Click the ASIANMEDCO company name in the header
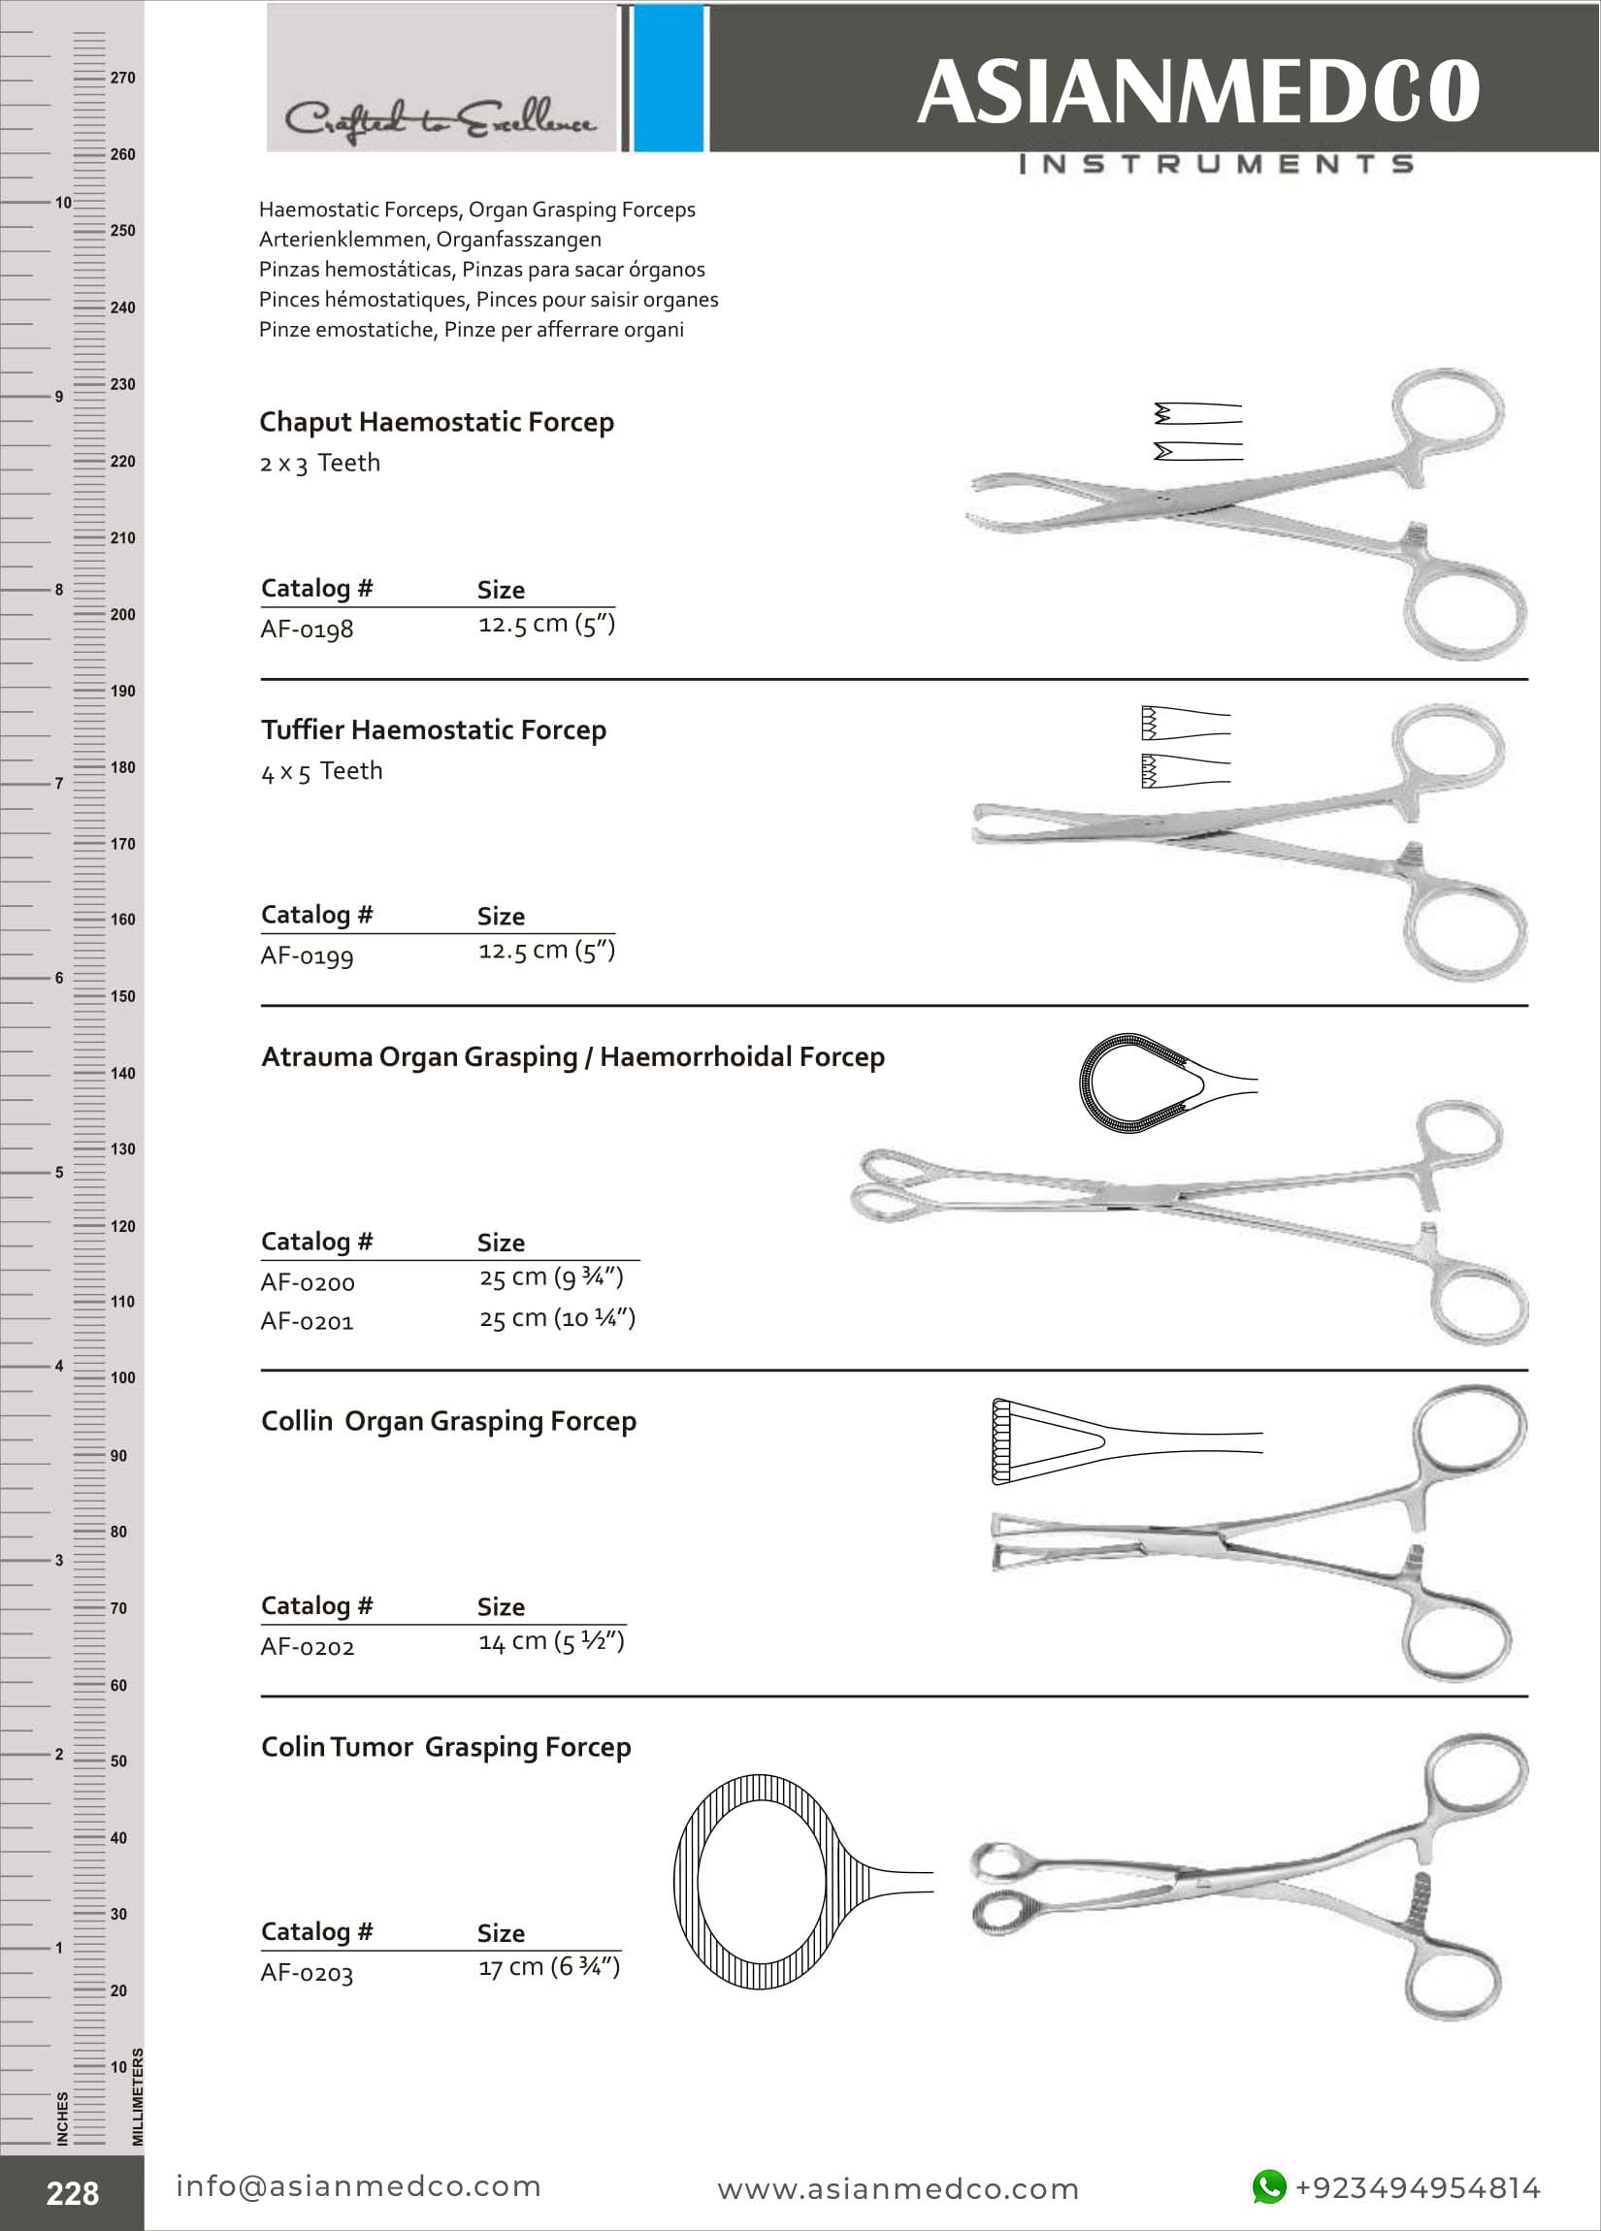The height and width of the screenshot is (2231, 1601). click(1197, 90)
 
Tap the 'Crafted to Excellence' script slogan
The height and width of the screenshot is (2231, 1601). click(439, 121)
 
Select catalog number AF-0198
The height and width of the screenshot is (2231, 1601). click(306, 629)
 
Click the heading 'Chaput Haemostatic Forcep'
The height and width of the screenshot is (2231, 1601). click(436, 422)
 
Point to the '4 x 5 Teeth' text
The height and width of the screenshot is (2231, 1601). click(322, 771)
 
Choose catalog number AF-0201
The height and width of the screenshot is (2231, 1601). click(306, 1321)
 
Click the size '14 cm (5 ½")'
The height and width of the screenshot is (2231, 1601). click(550, 1641)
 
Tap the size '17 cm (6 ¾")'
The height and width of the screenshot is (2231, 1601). click(548, 1966)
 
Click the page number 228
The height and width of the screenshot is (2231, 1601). click(72, 2192)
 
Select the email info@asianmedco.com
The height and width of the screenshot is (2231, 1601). click(358, 2185)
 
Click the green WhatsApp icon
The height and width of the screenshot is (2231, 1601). click(1268, 2186)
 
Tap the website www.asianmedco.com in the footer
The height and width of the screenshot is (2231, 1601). click(898, 2188)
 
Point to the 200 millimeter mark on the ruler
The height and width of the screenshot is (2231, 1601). click(122, 615)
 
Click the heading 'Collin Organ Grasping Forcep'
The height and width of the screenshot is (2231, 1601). click(447, 1421)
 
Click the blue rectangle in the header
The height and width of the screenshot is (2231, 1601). click(669, 78)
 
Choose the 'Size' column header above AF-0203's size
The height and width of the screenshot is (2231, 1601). click(500, 1932)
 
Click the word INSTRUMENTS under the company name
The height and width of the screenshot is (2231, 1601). click(1216, 163)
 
